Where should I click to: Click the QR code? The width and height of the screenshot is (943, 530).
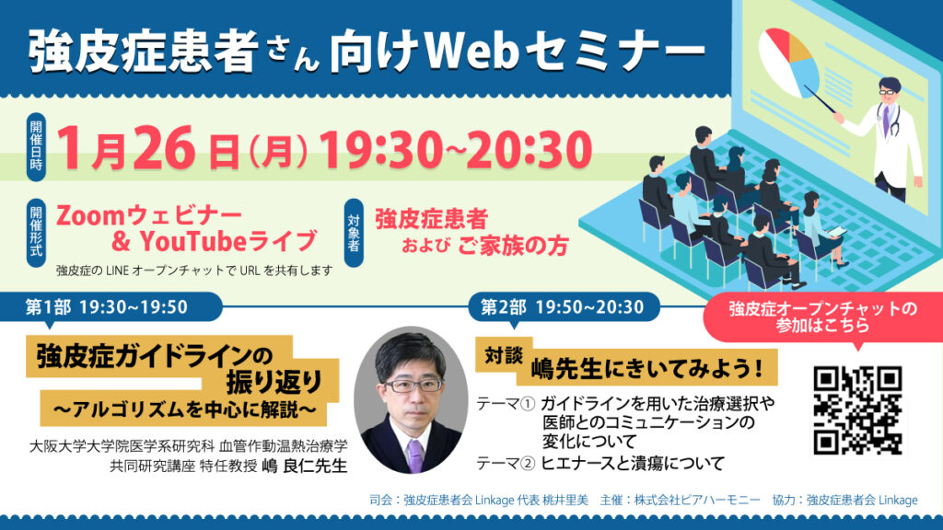click(x=857, y=410)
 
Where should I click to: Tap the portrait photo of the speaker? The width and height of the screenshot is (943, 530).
click(x=411, y=399)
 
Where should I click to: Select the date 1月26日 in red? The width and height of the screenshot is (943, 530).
click(x=148, y=149)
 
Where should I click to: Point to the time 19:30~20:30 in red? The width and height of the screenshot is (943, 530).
click(x=456, y=149)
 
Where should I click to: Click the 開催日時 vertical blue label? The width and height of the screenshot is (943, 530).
click(x=36, y=146)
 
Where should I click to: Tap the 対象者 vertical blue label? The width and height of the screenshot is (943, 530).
click(x=354, y=233)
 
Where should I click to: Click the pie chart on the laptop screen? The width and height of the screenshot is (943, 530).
click(x=789, y=63)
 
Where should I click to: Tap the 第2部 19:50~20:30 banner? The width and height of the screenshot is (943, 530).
click(x=563, y=307)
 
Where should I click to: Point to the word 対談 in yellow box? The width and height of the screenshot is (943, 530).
click(x=504, y=355)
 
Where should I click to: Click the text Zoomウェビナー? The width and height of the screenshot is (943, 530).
click(x=149, y=215)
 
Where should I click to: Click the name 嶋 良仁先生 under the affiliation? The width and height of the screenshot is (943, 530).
click(x=305, y=466)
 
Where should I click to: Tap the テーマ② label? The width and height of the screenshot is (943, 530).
click(x=506, y=464)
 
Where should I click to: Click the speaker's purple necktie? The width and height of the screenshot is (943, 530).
click(x=415, y=455)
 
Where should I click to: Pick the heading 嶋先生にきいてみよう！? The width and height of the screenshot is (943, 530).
click(x=647, y=368)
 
